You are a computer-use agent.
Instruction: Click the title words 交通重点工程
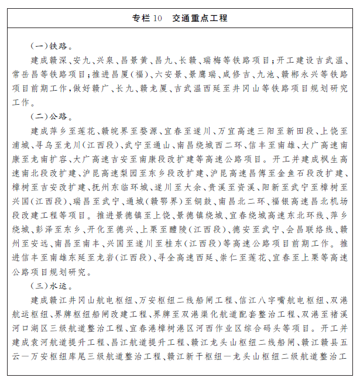pyautogui.click(x=200, y=19)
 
